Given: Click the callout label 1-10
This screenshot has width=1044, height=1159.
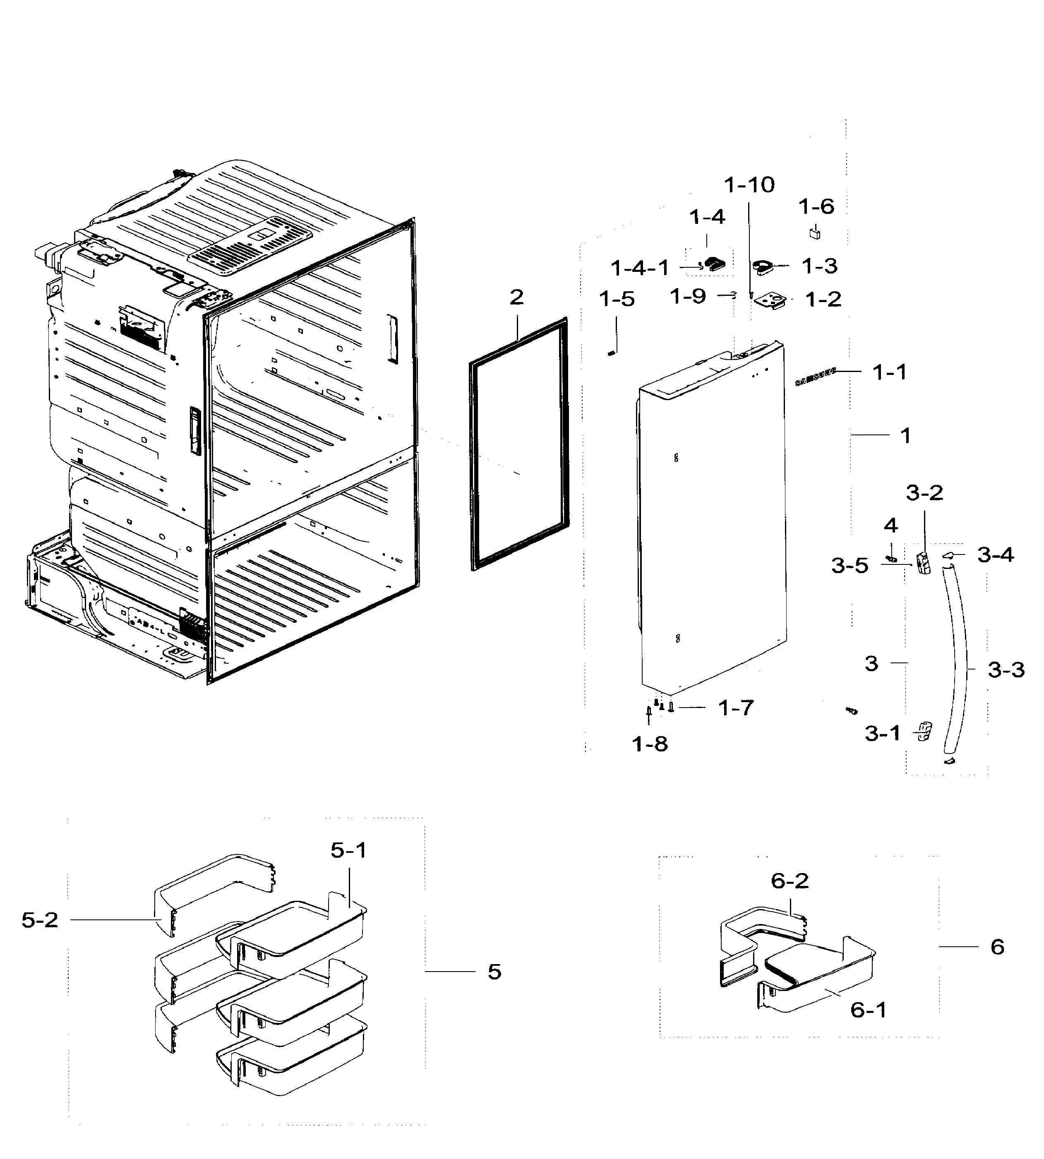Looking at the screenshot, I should (749, 185).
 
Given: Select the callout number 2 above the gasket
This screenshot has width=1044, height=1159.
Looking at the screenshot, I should (516, 297).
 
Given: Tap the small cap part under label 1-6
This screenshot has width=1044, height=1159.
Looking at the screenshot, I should (814, 233).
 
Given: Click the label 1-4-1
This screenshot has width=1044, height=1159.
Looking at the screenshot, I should (640, 267).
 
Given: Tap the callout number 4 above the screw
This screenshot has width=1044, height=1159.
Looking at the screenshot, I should (890, 526).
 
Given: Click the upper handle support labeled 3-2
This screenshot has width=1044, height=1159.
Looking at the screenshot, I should (923, 563).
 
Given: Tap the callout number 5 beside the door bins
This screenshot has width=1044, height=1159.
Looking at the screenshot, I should (494, 972).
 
